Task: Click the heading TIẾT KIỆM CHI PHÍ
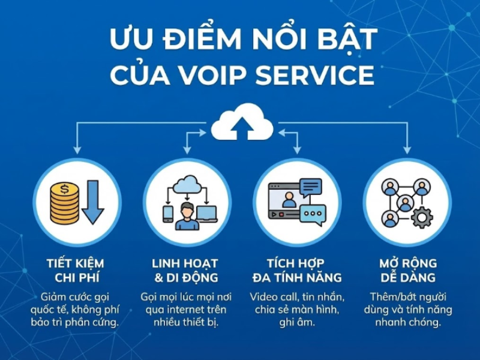[76, 271]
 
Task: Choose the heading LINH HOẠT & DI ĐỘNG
[185, 271]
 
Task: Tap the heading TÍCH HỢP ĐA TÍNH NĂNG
[296, 271]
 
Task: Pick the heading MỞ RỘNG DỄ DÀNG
[407, 271]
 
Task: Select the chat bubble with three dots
[313, 212]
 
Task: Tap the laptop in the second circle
[206, 212]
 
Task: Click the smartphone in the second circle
[168, 214]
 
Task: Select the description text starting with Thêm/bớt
[407, 310]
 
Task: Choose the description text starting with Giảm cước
[76, 310]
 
